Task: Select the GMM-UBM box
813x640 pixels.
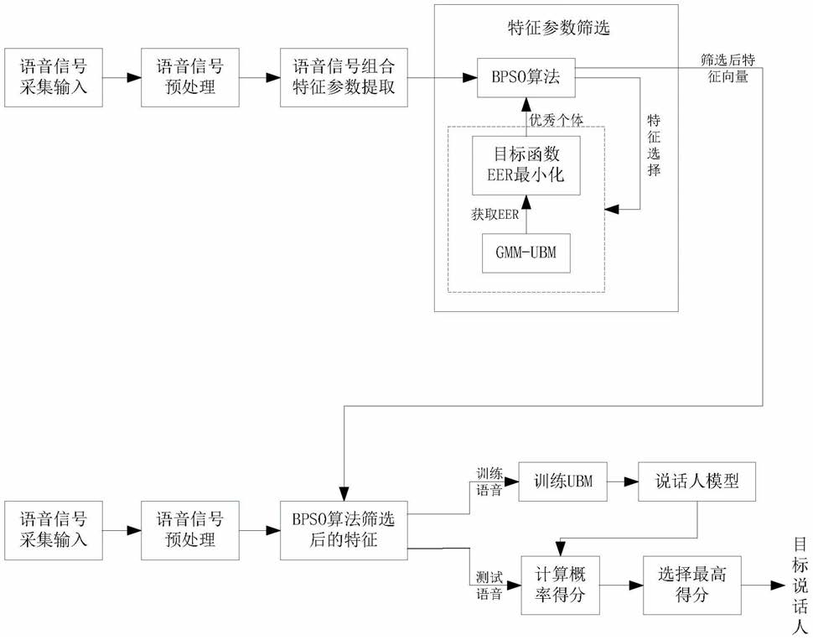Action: click(526, 252)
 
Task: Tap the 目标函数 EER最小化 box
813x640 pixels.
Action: click(526, 164)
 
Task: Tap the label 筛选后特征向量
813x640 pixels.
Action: click(725, 68)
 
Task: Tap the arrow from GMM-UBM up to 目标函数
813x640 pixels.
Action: click(526, 212)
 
